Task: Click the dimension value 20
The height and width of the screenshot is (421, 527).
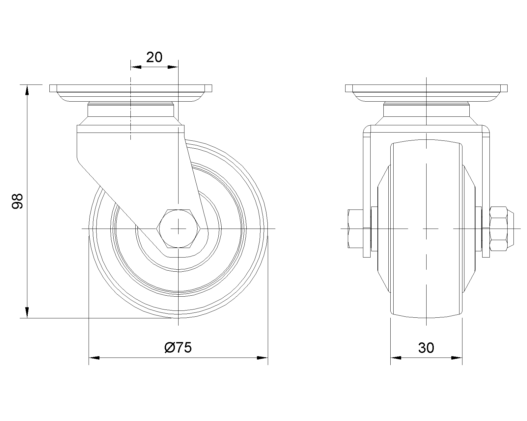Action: (154, 57)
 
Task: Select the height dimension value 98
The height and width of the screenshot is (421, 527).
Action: (17, 201)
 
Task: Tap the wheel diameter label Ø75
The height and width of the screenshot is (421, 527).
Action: (178, 348)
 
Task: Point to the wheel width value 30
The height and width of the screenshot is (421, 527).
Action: (426, 348)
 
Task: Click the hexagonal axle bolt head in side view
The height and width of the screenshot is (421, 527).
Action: (178, 229)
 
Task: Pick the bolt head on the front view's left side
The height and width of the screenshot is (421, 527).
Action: (355, 229)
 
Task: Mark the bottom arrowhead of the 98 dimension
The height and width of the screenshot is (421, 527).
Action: (27, 313)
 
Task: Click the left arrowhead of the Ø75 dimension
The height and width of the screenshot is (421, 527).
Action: (94, 358)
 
